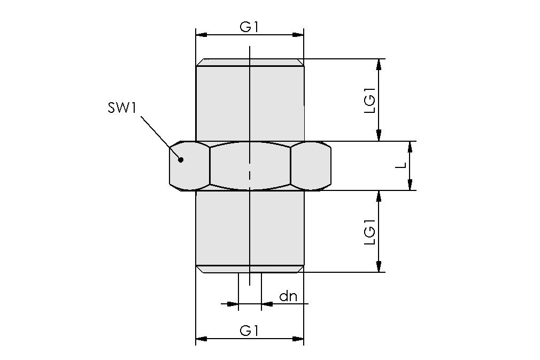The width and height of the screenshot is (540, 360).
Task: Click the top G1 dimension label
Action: (x=249, y=26)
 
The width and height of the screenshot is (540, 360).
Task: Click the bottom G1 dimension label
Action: (x=249, y=330)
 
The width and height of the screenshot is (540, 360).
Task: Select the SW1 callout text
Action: (x=122, y=109)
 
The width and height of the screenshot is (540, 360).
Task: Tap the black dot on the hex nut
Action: (x=181, y=159)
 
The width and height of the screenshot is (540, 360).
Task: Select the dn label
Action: (x=288, y=296)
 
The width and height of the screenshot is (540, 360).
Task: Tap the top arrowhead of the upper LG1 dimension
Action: (x=379, y=64)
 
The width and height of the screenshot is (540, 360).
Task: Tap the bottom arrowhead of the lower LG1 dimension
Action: (x=379, y=267)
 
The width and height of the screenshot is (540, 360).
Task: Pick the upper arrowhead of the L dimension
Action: (x=410, y=147)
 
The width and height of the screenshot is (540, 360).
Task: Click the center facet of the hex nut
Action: (x=250, y=166)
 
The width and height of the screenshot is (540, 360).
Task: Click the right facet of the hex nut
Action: (x=311, y=166)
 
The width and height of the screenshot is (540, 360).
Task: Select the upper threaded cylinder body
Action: (x=250, y=102)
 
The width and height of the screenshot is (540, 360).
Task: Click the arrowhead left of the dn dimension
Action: (x=232, y=304)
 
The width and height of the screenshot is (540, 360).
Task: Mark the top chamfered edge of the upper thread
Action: (x=250, y=62)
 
